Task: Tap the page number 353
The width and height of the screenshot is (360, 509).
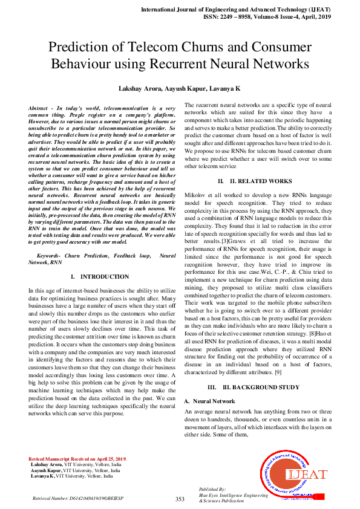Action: (x=180, y=499)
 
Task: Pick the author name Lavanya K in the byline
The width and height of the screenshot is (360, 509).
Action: (x=226, y=88)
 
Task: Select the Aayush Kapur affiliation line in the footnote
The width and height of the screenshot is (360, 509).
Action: (x=76, y=470)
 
